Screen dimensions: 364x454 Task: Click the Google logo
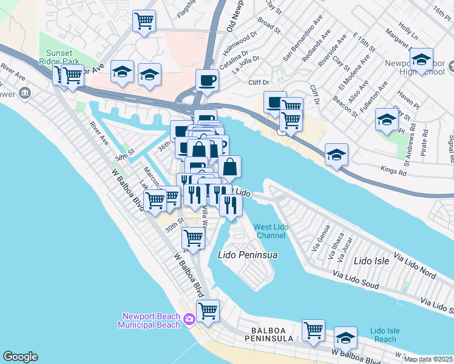(x=20, y=357)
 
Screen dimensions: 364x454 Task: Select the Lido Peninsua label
(x=248, y=255)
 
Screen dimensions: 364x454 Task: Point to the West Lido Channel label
(x=271, y=231)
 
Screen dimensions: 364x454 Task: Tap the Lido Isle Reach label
(x=384, y=335)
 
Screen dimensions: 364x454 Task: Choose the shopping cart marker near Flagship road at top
(x=144, y=21)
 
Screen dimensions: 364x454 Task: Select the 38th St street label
(x=124, y=158)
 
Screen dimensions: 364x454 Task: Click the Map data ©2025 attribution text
(x=429, y=359)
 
